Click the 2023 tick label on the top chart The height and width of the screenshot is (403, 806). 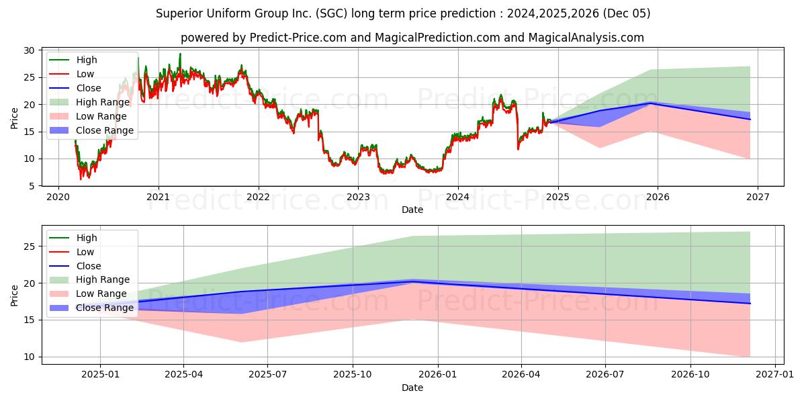pos(358,197)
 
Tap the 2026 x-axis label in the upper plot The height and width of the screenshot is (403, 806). pos(658,197)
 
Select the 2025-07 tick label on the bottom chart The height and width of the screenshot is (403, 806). pos(267,375)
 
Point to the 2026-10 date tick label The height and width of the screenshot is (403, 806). pos(690,375)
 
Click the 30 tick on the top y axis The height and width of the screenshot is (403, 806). pos(29,50)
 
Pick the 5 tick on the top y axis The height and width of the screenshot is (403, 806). pos(32,186)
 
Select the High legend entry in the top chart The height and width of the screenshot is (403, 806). pos(87,60)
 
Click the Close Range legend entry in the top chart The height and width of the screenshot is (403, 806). pos(104,130)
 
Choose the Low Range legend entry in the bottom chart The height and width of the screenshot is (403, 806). pos(101,294)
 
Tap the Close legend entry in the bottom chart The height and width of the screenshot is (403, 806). pos(89,266)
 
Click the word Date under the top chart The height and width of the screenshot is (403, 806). pos(412,210)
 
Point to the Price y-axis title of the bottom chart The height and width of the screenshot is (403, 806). pos(14,296)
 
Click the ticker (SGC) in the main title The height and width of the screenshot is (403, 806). pos(331,13)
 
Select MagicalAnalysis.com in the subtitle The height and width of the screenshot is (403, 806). pos(586,38)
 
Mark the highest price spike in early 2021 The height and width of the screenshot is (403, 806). pos(180,54)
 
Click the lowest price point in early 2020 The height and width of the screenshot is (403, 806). pos(81,179)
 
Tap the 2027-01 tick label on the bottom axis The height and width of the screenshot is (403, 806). pos(774,375)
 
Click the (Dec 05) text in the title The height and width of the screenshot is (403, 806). pos(627,13)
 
